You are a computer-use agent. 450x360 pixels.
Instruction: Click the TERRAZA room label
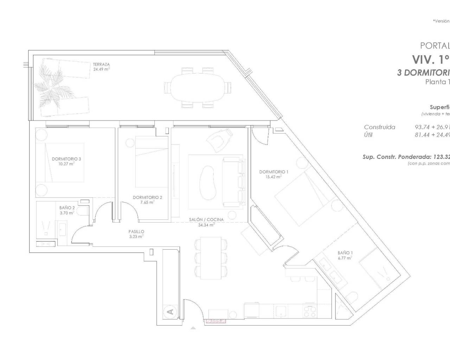101,64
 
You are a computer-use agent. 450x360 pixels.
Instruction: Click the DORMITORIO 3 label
66,159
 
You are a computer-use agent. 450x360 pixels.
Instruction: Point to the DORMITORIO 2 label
147,198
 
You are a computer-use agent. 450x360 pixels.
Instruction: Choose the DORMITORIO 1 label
274,172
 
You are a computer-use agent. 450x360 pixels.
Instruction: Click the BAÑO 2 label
67,208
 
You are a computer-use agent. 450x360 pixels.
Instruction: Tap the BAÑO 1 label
345,253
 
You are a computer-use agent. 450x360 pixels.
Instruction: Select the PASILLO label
136,232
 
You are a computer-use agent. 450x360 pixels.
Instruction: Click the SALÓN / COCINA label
206,220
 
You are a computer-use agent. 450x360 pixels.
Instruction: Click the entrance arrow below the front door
193,328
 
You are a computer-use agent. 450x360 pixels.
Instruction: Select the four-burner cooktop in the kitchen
309,311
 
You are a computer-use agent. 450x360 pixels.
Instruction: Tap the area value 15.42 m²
274,177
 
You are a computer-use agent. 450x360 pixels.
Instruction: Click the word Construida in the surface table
379,127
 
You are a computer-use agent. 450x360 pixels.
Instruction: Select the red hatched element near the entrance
216,321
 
